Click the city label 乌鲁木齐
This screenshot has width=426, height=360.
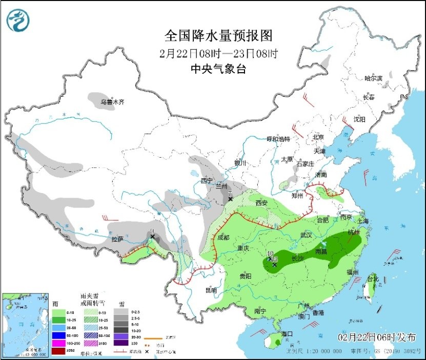click(112, 102)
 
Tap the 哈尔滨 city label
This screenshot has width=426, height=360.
click(373, 78)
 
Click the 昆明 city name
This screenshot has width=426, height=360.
click(211, 290)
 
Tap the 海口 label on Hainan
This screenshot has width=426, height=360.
click(287, 334)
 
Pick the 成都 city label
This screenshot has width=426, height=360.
click(223, 238)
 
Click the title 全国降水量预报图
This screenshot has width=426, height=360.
click(218, 35)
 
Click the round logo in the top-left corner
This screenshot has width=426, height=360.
click(18, 20)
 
